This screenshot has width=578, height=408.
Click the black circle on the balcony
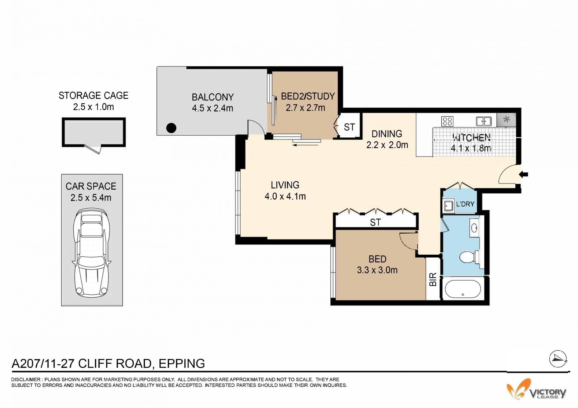click(x=171, y=128)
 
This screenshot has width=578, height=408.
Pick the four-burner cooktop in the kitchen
click(x=447, y=121)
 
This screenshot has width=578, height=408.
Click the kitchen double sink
click(x=484, y=121)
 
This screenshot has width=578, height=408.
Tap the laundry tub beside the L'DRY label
click(x=449, y=206)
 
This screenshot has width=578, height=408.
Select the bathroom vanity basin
click(x=474, y=228)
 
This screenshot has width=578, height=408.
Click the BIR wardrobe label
click(x=433, y=279)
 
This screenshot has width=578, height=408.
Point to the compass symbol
click(x=558, y=359)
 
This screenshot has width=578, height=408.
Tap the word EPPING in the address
click(x=182, y=364)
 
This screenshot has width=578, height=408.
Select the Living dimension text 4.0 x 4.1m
click(x=285, y=196)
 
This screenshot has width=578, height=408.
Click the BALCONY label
click(x=213, y=97)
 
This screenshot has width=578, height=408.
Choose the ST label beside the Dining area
click(x=349, y=127)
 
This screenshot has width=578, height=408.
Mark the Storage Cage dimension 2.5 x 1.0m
click(x=93, y=107)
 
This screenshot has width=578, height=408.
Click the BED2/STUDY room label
click(x=308, y=96)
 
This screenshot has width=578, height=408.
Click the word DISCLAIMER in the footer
click(x=26, y=379)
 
